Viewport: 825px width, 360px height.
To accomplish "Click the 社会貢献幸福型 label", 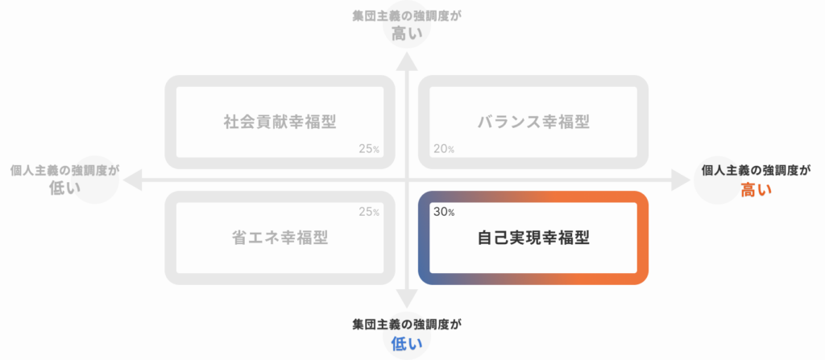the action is coord(280,122).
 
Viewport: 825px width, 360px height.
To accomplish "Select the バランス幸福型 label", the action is coord(533,122).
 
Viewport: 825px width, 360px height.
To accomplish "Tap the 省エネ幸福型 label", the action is coord(280,238).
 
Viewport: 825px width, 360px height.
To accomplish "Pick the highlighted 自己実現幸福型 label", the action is coord(533,238).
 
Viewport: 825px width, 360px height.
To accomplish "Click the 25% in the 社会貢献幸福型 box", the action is coord(369,149).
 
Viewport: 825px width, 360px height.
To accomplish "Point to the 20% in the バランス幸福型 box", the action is coord(444,149).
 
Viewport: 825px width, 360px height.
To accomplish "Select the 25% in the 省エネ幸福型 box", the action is coord(369,212).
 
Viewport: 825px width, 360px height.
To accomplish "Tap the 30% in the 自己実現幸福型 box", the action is coord(444,212).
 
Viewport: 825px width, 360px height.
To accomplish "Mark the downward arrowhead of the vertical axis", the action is coord(407,299).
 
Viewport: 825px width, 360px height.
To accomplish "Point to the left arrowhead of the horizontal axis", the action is coord(131,180).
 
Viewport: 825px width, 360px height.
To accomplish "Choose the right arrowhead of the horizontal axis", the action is coord(681,180).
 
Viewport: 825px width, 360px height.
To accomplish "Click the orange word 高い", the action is coord(756,190).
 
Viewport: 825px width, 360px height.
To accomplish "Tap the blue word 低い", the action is coord(407,344).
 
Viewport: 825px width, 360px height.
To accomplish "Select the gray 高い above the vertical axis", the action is coord(407,34).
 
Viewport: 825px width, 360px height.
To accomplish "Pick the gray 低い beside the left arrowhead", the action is coord(64,189).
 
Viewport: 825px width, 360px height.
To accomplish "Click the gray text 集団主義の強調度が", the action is coord(407,14).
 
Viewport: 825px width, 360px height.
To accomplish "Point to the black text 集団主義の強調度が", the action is coord(407,324).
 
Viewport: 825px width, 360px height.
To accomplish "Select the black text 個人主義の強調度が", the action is coord(757,170).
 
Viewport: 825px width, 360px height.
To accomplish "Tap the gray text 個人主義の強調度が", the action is coord(64,170).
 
